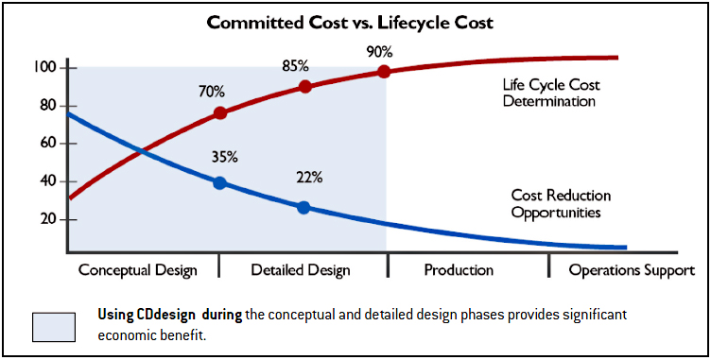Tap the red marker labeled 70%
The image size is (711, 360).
coord(220,112)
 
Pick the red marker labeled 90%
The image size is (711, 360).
coord(384,71)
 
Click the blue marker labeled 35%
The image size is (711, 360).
coord(219,182)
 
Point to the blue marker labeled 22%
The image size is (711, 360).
coord(303,207)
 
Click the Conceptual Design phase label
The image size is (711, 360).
coord(137,270)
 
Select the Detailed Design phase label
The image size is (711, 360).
coord(301,270)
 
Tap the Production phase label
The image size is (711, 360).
coord(459,270)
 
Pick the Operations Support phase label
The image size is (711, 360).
coord(632,270)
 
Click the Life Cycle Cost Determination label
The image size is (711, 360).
coord(551,93)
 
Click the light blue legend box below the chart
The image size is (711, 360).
coord(61,324)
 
